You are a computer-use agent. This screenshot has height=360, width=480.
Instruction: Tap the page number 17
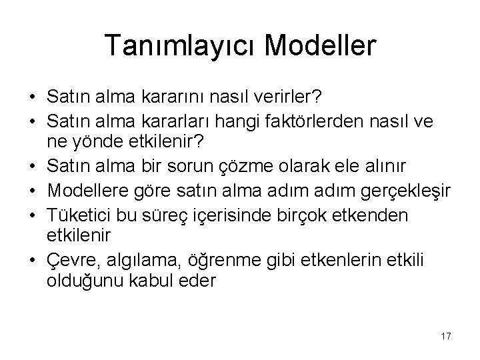445,336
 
